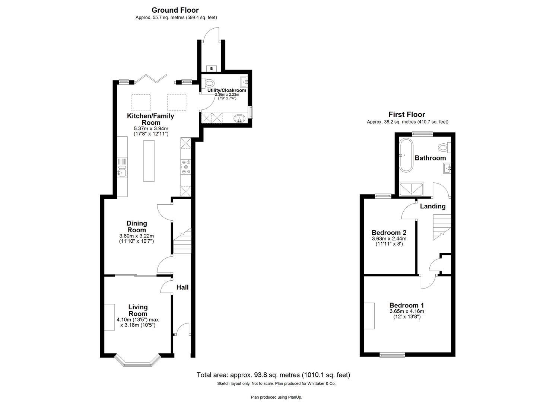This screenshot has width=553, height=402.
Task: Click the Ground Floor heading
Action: point(175,10)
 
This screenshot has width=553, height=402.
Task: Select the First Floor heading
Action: point(407,115)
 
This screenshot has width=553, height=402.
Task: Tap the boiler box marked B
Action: point(212,68)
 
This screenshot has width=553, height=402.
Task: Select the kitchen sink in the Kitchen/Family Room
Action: point(122,172)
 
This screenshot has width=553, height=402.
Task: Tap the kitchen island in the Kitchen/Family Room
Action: point(149,160)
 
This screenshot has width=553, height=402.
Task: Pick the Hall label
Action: point(182,287)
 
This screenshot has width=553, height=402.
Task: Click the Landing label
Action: point(432,206)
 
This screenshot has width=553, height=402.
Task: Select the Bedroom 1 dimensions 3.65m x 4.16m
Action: point(407,312)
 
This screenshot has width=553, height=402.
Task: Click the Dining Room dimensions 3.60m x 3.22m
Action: point(136,236)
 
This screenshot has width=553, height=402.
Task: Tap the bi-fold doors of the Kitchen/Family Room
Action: point(150,79)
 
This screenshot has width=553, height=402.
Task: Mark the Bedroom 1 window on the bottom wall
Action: point(392,355)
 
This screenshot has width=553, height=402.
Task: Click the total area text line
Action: point(273,375)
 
